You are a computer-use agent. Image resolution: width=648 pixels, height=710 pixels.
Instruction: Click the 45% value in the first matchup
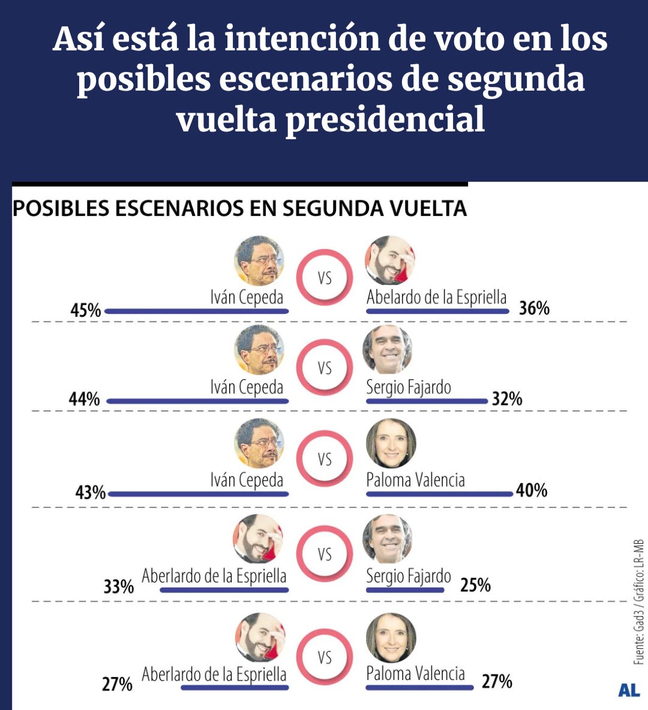click(86, 310)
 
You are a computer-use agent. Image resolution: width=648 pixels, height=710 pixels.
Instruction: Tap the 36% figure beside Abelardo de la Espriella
click(534, 308)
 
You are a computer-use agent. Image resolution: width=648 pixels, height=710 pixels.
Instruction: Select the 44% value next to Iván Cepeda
click(85, 399)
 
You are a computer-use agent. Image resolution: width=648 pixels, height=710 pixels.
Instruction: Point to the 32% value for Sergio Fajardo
click(507, 399)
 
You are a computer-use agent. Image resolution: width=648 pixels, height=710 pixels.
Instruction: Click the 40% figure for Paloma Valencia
click(532, 491)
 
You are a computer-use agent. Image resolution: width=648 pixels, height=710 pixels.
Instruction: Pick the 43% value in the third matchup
click(90, 493)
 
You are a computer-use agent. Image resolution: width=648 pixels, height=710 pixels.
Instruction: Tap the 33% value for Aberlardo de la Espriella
click(118, 586)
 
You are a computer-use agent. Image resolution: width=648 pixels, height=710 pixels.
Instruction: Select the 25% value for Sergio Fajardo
click(475, 585)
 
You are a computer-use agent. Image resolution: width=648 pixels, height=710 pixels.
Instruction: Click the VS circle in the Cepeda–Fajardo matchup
click(325, 367)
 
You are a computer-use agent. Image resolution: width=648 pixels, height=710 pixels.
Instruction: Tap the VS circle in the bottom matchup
click(325, 657)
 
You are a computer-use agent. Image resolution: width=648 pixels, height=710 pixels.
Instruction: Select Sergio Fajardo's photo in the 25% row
click(388, 540)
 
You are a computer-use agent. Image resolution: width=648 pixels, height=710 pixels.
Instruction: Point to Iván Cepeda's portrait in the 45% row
click(259, 260)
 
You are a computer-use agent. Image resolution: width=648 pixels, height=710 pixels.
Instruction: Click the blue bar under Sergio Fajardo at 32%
click(427, 401)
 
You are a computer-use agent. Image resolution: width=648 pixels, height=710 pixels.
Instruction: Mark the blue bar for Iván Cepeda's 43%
click(199, 495)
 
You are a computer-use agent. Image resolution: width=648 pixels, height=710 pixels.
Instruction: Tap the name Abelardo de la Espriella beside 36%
click(436, 298)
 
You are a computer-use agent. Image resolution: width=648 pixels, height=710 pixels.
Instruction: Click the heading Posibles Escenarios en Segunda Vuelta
click(239, 208)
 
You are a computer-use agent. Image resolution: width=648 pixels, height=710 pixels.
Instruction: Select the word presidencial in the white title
click(385, 119)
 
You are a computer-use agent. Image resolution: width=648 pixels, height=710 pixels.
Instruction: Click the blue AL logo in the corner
click(629, 690)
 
